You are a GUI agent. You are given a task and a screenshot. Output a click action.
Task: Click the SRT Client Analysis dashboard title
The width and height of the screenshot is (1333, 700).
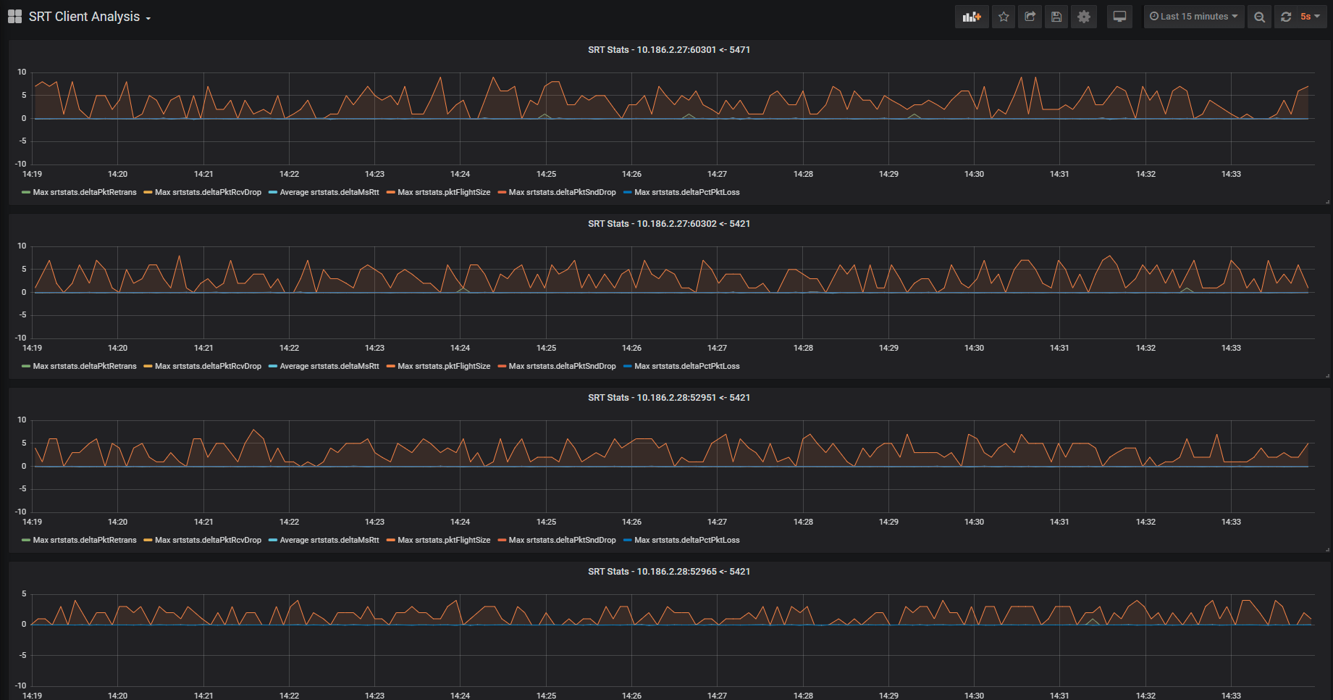click(84, 17)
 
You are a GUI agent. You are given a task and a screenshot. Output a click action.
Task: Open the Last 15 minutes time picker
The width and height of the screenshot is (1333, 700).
click(1193, 17)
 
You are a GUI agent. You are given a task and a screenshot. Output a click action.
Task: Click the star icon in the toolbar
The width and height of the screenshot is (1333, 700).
click(1004, 17)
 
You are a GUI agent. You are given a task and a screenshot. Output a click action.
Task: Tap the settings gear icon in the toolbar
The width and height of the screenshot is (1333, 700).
click(1084, 17)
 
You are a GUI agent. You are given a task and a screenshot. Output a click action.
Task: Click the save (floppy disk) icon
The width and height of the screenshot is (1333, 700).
click(1056, 17)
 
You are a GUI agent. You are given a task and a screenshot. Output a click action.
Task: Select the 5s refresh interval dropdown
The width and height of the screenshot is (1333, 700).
click(1310, 17)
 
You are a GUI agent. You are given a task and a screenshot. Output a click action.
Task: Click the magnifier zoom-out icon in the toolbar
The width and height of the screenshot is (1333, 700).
click(1260, 17)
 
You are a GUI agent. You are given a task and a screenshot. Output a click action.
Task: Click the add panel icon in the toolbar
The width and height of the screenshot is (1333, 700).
click(972, 17)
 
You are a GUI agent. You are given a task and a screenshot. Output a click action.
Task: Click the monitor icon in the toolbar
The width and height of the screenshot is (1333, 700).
click(1119, 17)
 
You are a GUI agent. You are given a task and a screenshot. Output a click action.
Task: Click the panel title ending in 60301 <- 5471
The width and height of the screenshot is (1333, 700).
click(668, 50)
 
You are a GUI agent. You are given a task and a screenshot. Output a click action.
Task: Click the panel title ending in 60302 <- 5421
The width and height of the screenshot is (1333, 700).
click(668, 224)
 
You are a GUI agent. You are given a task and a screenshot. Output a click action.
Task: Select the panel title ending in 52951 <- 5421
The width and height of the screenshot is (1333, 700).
click(668, 398)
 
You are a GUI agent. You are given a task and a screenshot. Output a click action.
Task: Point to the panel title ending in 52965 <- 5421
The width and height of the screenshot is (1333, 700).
click(668, 572)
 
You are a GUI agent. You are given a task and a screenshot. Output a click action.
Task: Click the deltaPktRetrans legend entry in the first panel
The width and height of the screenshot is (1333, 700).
click(80, 193)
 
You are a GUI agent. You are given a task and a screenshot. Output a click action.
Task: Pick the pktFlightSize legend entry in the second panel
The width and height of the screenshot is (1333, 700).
click(439, 367)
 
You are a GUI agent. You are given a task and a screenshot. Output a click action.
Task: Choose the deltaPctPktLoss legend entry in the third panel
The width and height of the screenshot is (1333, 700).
click(681, 541)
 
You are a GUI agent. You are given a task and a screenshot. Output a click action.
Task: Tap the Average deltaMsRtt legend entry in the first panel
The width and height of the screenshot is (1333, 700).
click(324, 193)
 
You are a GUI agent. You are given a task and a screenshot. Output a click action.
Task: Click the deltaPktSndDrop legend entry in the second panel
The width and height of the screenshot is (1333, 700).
click(557, 367)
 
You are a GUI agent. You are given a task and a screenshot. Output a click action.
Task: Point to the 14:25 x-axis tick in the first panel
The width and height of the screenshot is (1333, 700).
click(546, 174)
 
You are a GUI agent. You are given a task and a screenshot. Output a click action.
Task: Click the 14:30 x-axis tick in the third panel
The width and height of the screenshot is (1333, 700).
click(974, 522)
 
